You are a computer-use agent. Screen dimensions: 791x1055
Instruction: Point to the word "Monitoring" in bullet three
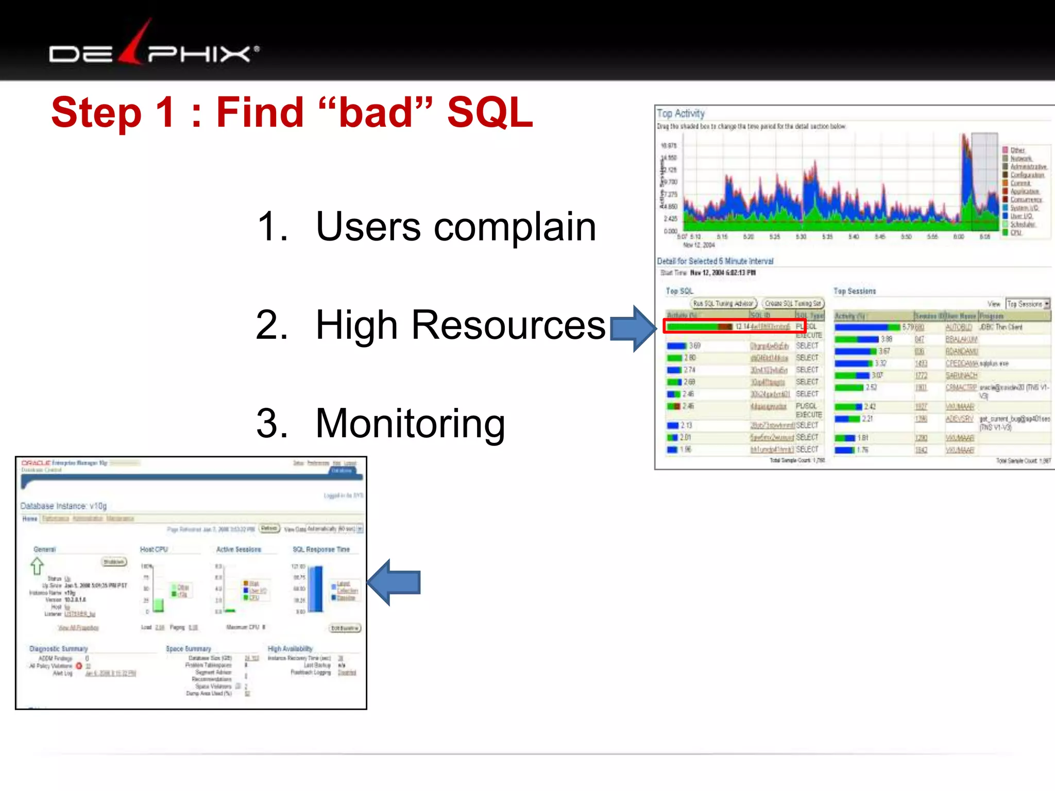tap(410, 423)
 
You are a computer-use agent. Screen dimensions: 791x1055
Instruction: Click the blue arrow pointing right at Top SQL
tap(632, 329)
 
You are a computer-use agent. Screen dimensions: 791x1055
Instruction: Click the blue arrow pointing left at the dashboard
tap(394, 582)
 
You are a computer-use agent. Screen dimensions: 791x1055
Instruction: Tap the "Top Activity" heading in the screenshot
tap(680, 113)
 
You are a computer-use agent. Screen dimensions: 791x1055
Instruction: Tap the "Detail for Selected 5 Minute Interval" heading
tap(715, 261)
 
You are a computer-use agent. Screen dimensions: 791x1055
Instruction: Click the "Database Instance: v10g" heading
tap(63, 506)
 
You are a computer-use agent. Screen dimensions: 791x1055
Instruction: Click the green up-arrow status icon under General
tap(37, 566)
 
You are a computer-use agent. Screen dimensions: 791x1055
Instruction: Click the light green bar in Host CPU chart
tap(159, 605)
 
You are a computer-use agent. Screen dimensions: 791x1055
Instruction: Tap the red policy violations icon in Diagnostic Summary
tap(79, 666)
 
